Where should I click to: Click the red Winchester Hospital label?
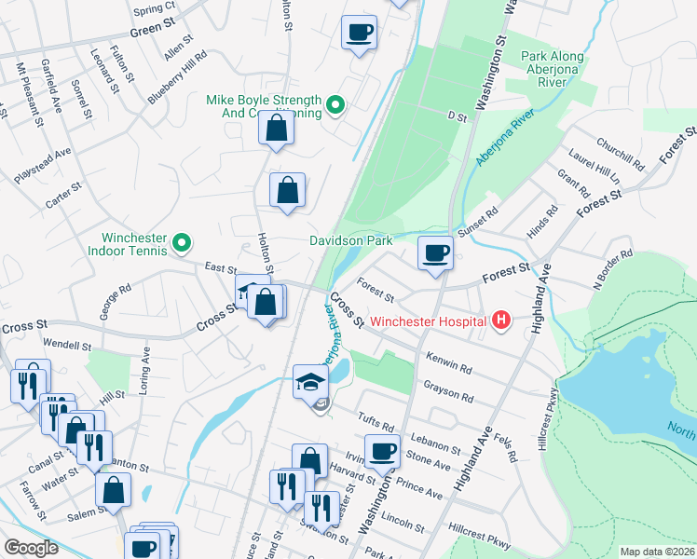coord(430,322)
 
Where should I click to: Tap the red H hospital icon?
coord(501,321)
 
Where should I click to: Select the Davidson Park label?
coord(351,240)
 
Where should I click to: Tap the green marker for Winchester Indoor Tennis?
coord(183,244)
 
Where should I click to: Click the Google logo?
coord(31,548)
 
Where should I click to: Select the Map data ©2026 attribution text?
coord(657,552)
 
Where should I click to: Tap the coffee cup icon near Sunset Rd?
coord(434,252)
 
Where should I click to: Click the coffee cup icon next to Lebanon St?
coord(381,451)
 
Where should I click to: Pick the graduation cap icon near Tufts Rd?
coord(310,381)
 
